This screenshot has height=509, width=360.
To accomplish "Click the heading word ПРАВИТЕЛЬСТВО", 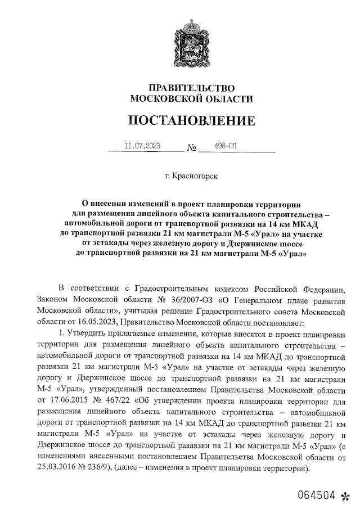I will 190,88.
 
